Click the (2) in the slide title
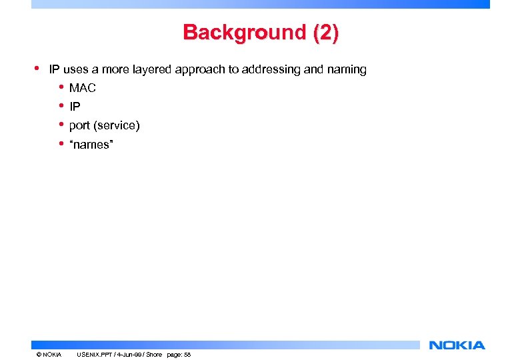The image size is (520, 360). [x=325, y=32]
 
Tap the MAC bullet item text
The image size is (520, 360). [x=83, y=88]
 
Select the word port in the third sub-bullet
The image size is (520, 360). [x=79, y=126]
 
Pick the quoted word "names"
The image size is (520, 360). [x=91, y=144]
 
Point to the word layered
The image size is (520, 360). [x=152, y=69]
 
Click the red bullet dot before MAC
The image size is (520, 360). [x=61, y=87]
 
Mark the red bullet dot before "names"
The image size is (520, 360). [x=61, y=143]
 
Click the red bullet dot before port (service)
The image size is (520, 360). [x=61, y=125]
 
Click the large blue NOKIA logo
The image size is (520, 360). [x=457, y=345]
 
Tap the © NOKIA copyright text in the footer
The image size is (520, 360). [x=49, y=355]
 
